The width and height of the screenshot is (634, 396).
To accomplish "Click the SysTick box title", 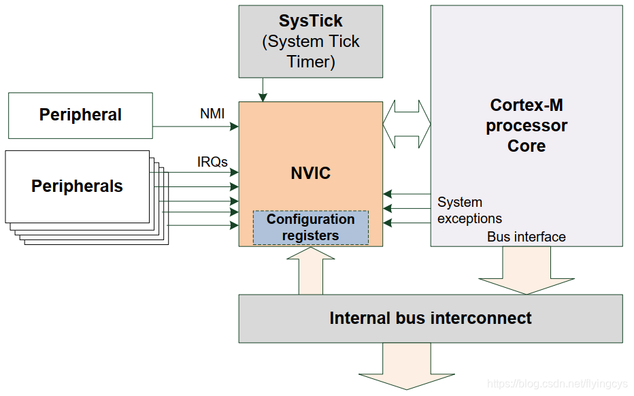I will click(311, 21).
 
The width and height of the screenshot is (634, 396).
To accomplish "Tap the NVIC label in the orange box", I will click(311, 173).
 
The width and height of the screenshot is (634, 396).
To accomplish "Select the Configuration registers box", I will click(311, 227).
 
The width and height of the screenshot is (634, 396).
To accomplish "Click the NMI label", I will click(212, 114).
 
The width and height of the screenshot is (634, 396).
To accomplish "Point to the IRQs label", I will click(212, 162).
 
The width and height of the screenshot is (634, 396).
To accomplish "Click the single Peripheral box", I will click(80, 115).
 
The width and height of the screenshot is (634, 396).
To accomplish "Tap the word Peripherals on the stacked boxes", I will click(77, 186).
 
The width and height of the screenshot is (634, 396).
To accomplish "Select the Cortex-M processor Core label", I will click(527, 126).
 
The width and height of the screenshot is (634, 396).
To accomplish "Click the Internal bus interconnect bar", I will click(430, 318).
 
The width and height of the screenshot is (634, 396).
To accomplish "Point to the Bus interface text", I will click(527, 237).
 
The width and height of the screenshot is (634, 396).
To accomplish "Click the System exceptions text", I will click(469, 210).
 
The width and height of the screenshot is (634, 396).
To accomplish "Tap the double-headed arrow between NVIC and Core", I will click(407, 125).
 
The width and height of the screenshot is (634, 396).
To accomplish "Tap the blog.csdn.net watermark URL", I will click(558, 384).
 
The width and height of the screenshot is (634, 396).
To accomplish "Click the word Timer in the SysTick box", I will click(311, 61).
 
